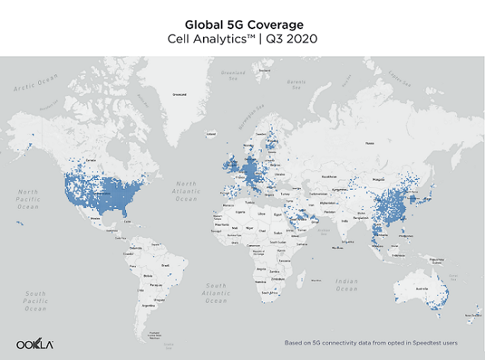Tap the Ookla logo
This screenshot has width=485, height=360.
35,344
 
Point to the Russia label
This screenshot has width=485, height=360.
369,143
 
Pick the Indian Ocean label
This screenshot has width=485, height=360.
346,284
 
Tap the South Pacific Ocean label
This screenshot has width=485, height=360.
35,300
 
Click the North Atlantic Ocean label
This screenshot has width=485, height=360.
186,191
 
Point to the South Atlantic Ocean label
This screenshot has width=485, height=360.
216,293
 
